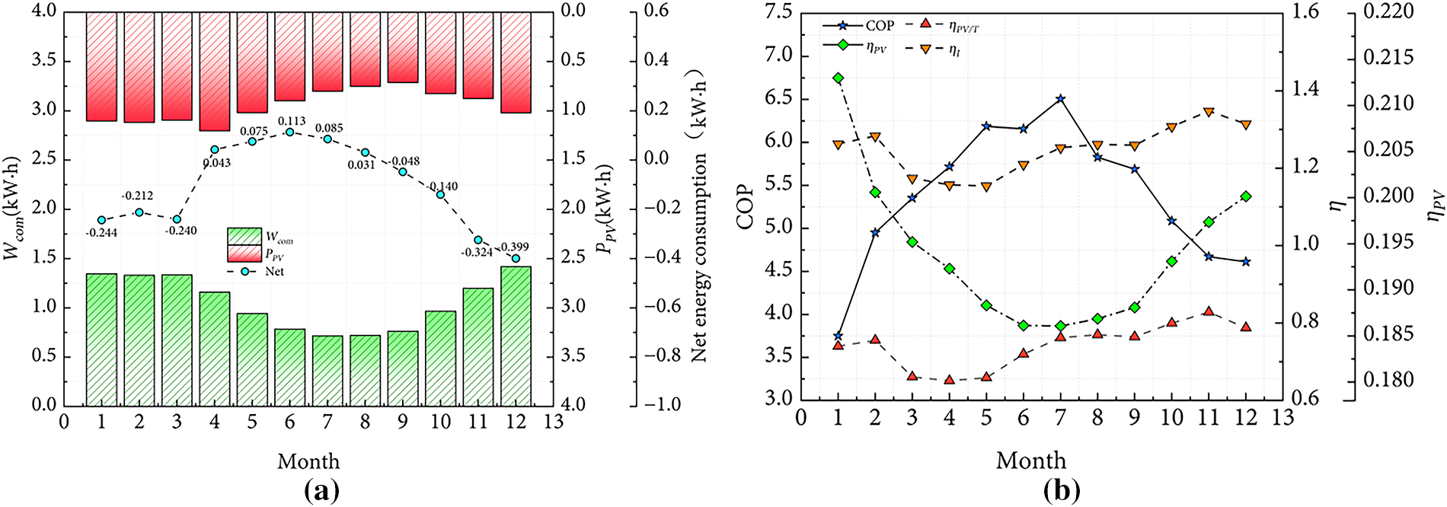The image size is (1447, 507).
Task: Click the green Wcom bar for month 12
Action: click(516, 336)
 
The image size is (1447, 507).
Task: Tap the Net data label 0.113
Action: click(292, 121)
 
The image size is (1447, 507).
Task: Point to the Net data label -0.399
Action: click(514, 247)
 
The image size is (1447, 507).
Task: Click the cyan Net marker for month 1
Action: click(102, 220)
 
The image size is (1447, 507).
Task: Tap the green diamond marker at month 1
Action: click(838, 78)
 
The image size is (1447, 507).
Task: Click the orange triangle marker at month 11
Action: click(1209, 113)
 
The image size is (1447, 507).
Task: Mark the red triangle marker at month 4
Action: click(950, 379)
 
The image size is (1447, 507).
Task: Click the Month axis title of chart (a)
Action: click(308, 461)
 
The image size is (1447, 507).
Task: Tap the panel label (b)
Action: click(1062, 490)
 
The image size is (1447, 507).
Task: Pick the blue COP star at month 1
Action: click(838, 336)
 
